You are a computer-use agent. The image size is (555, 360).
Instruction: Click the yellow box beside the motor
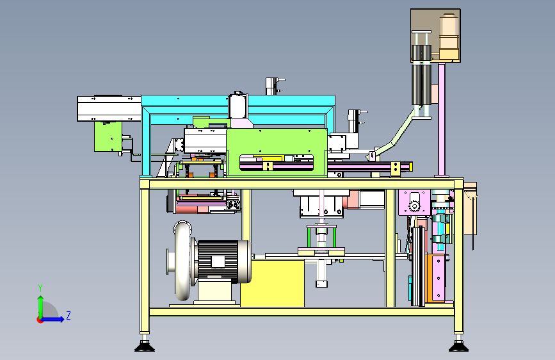coord(272,283)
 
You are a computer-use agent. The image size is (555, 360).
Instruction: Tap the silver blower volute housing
coord(182,261)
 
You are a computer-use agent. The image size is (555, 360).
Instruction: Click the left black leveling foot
coord(145,346)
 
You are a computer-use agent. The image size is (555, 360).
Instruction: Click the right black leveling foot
coord(459,346)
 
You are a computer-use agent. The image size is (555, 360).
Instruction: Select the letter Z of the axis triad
coord(68,315)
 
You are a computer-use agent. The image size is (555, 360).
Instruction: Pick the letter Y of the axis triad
coord(40,288)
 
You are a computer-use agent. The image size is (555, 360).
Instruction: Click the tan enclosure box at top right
coord(435,35)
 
